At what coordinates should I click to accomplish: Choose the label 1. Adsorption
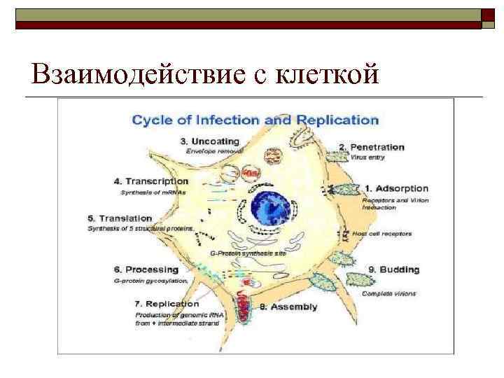tap(396, 188)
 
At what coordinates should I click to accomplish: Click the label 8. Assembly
tap(288, 307)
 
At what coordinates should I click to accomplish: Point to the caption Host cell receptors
tap(382, 233)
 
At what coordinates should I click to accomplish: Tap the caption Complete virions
tap(388, 293)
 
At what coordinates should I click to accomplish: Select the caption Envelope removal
tap(213, 151)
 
